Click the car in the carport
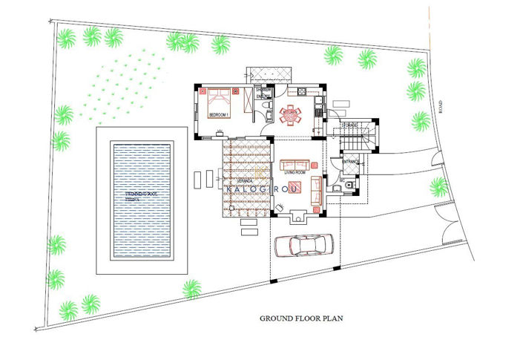click(x=303, y=246)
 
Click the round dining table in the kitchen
click(x=289, y=115)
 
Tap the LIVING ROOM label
click(x=295, y=172)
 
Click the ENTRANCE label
click(x=350, y=161)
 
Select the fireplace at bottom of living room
click(x=299, y=216)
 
